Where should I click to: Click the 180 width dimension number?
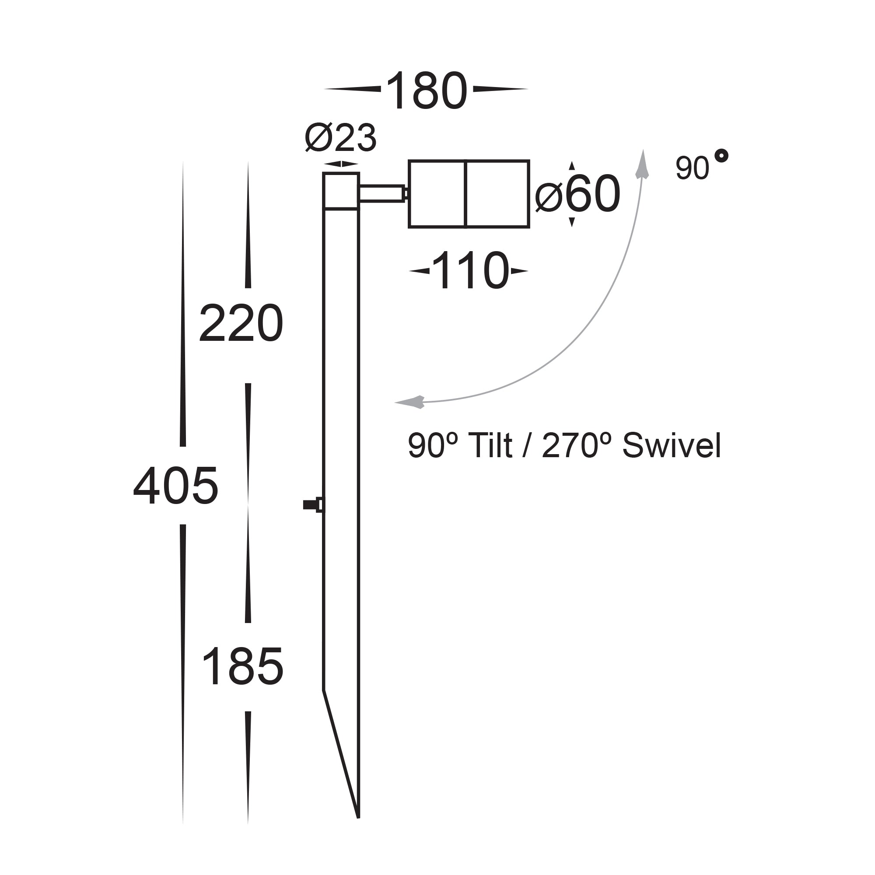pos(426,91)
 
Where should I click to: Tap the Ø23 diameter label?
pos(340,138)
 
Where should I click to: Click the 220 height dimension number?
pos(241,323)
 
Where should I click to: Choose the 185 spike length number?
pos(243,667)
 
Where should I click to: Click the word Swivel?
pos(671,446)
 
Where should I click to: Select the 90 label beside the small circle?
pos(692,168)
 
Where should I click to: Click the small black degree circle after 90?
pos(721,156)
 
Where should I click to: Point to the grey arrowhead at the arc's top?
pos(642,165)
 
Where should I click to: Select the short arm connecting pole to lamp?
pos(382,193)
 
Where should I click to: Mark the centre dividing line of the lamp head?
pos(465,194)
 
